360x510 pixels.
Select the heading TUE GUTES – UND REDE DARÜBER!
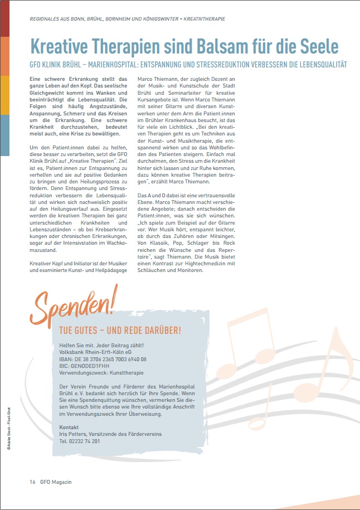(120, 330)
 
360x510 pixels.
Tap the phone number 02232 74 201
(80, 441)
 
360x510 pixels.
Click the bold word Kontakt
(69, 427)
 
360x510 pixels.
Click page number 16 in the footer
(32, 482)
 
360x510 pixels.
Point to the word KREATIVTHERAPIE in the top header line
(202, 19)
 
